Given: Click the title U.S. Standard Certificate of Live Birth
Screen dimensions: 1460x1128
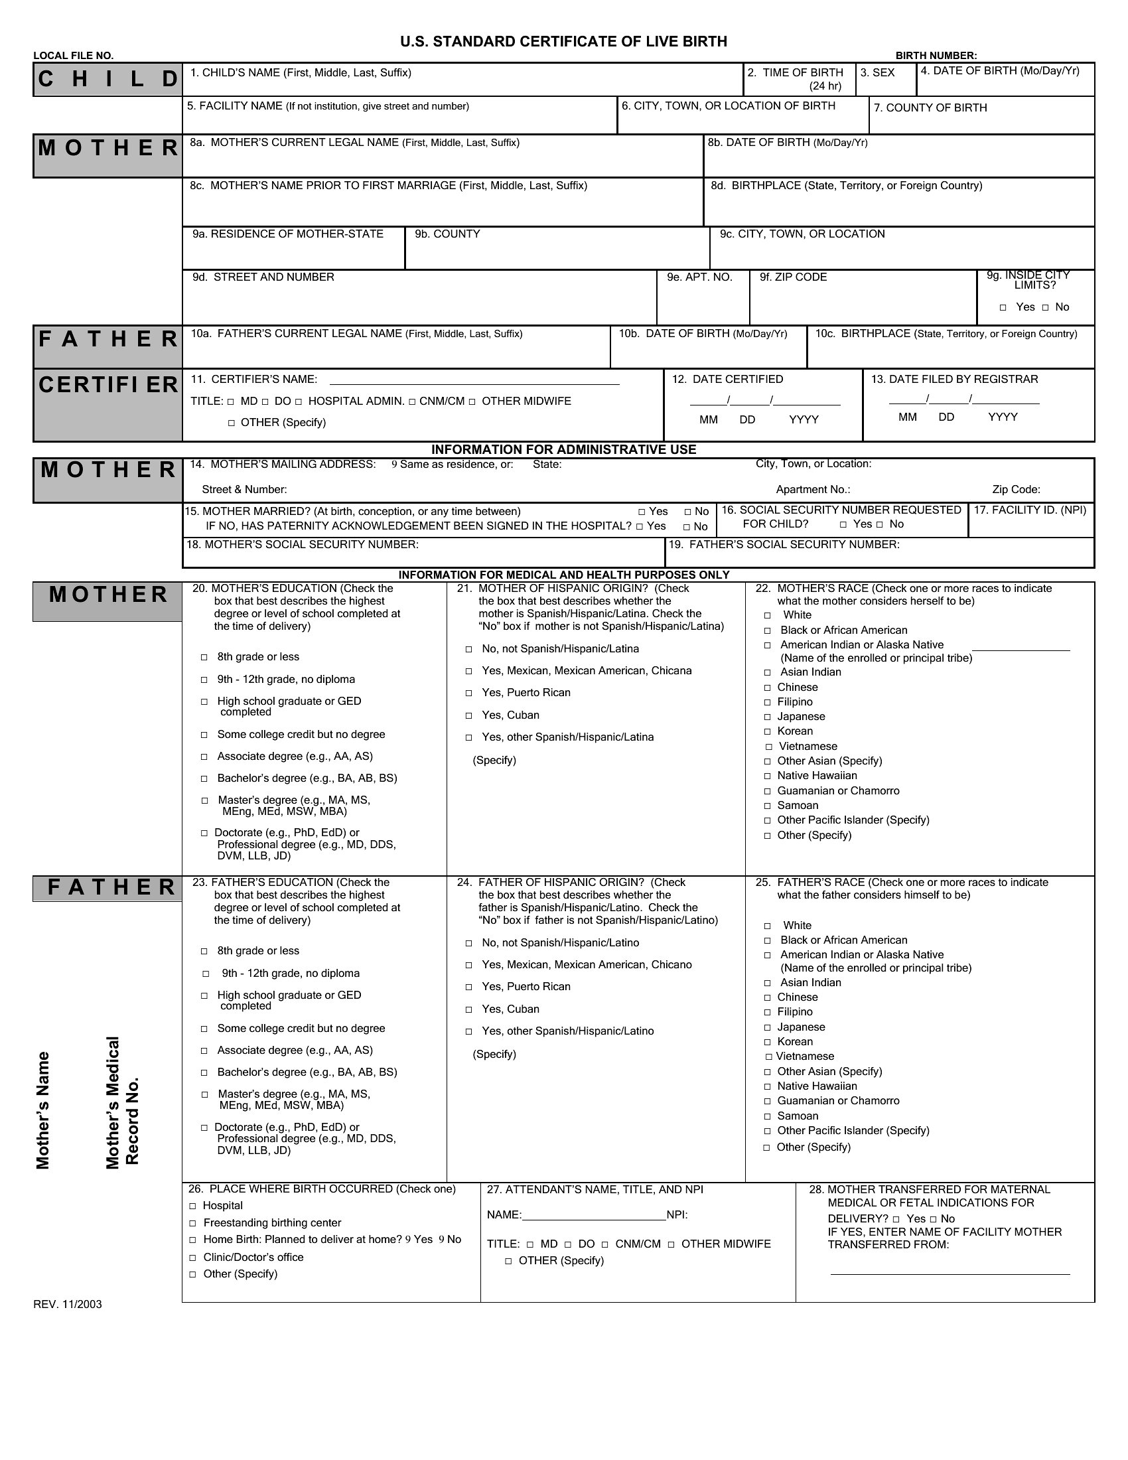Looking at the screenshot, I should (563, 41).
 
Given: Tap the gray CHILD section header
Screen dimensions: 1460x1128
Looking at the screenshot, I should (107, 80).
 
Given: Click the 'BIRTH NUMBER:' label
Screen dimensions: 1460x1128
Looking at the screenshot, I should (936, 56).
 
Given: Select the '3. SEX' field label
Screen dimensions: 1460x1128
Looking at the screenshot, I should (877, 72).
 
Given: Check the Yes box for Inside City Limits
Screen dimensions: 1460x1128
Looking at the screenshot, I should (1003, 307).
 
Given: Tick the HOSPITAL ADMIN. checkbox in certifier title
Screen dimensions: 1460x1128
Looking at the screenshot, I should (299, 402).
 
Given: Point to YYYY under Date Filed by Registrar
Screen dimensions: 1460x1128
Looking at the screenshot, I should (1003, 417).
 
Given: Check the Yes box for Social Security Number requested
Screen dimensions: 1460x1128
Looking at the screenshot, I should (844, 525).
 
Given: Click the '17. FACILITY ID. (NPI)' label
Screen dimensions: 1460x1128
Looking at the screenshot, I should (1030, 510).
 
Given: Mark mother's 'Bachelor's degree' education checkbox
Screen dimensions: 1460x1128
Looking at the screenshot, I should (204, 779).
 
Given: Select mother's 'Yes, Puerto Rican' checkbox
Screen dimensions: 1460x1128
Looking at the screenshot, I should (469, 694).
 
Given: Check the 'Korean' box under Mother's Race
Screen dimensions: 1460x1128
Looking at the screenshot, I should (768, 732).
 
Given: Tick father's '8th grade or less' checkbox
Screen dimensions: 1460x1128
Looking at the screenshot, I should (204, 951).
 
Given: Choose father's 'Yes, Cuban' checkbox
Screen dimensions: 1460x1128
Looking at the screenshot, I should (469, 1009).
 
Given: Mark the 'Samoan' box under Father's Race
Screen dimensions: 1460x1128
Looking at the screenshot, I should (768, 1116).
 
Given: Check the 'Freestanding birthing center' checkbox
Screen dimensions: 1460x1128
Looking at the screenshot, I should (192, 1223).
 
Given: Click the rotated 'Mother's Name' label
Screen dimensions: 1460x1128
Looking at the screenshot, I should (42, 1110).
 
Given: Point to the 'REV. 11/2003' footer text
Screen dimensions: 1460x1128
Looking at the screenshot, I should (68, 1304).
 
